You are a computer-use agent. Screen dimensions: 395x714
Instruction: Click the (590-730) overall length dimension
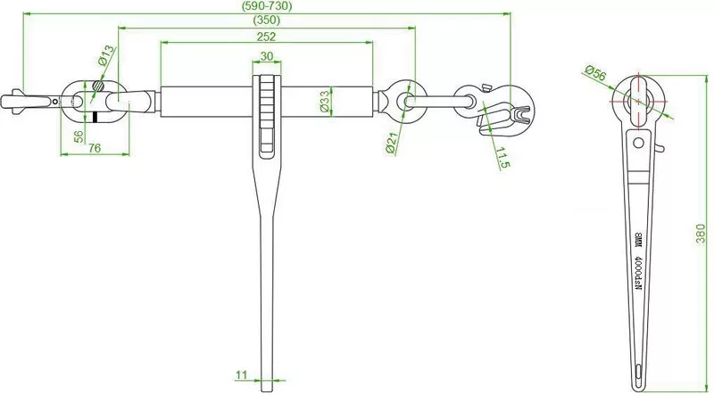[x=266, y=6]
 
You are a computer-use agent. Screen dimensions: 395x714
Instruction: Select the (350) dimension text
[x=266, y=21]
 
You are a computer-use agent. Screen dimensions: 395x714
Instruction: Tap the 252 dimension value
[x=266, y=37]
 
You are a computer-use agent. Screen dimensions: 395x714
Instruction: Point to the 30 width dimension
[x=266, y=55]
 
